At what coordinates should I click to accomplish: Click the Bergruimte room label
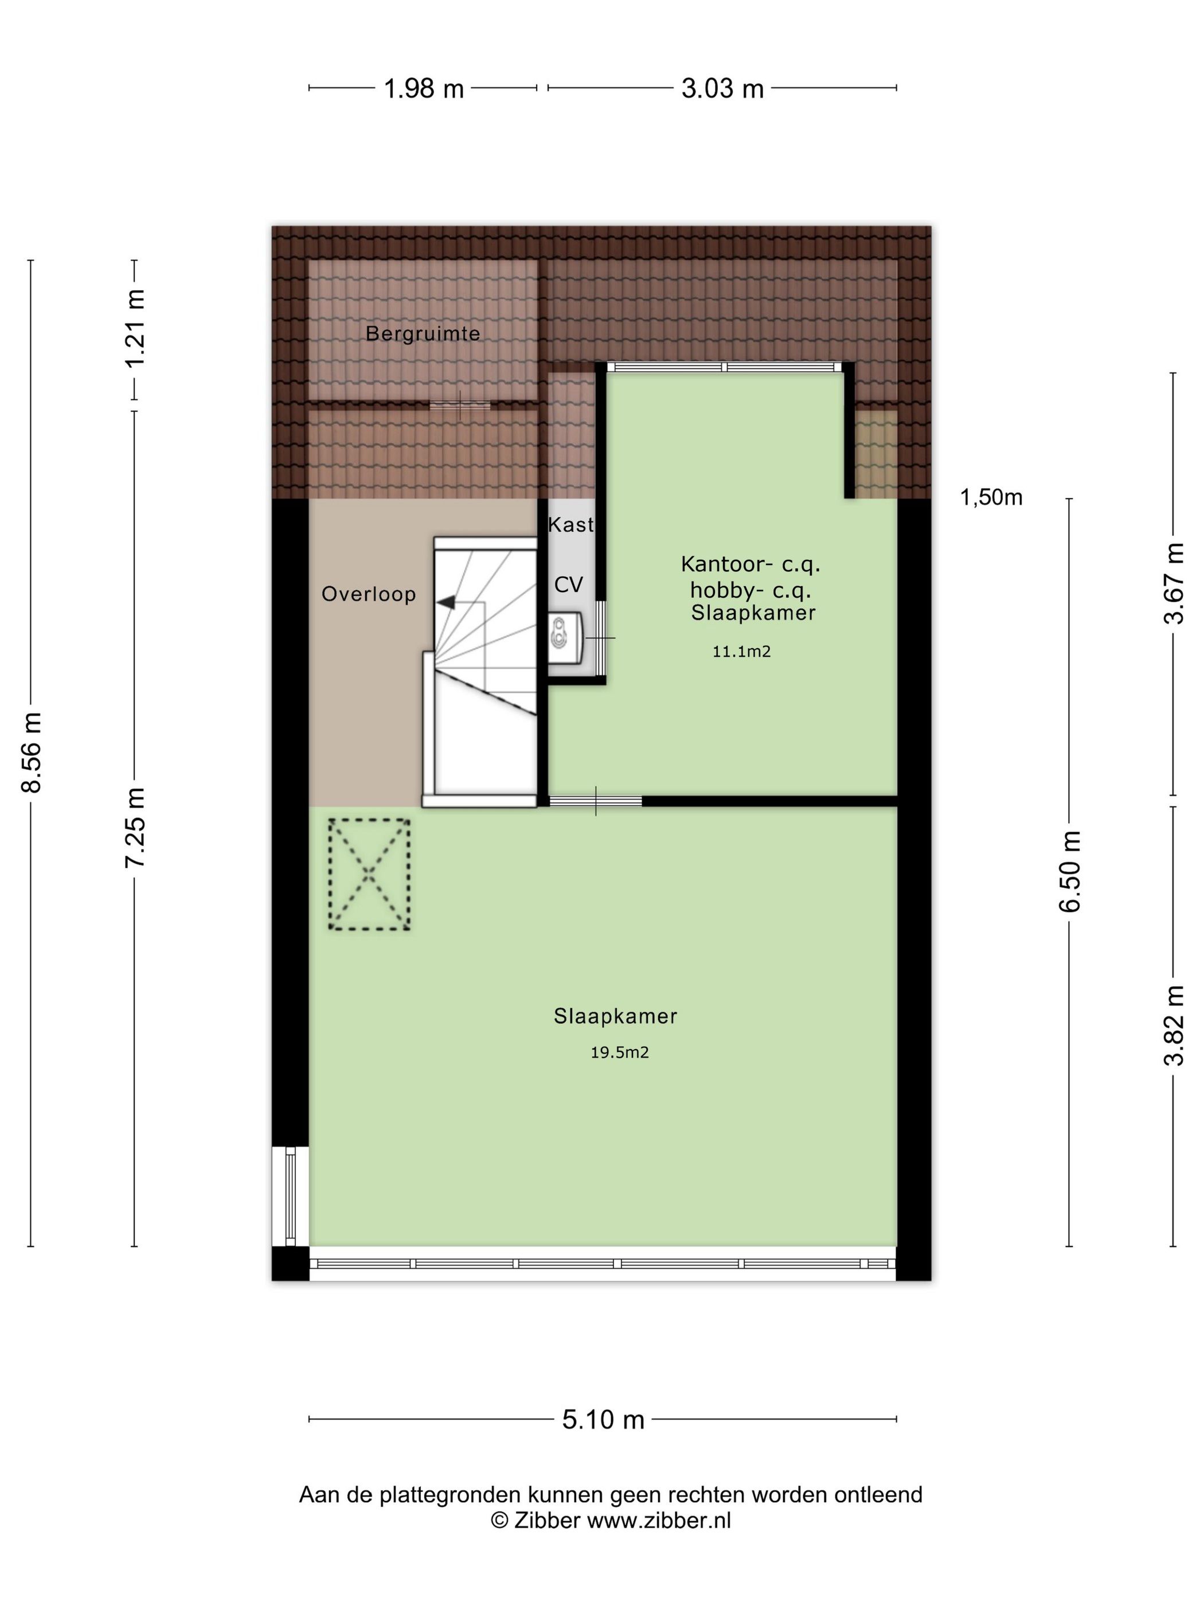(423, 334)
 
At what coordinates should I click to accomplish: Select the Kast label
(570, 524)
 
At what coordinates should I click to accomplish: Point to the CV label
(568, 584)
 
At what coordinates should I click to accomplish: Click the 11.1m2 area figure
(741, 651)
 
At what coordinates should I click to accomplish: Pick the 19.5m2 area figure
(619, 1052)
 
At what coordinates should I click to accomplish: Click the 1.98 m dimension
(423, 88)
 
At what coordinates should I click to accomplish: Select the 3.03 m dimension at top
(722, 88)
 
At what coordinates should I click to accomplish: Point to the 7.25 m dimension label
(136, 827)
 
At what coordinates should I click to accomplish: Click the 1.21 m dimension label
(136, 329)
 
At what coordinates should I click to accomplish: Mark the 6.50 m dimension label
(1070, 871)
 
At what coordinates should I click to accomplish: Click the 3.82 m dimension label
(1174, 1025)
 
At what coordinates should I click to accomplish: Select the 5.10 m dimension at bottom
(603, 1418)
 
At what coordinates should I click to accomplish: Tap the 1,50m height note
(991, 497)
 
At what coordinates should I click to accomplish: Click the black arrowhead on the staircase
(445, 601)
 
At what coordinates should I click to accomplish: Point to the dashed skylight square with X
(369, 874)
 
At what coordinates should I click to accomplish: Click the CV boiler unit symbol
(564, 637)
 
